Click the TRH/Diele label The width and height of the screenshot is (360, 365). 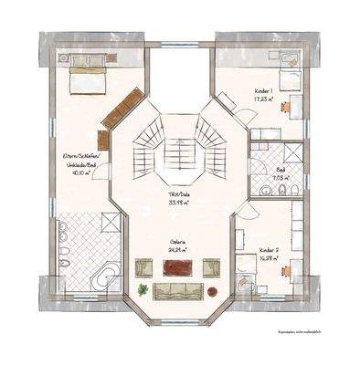[178, 197]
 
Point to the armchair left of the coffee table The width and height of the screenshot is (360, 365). [144, 267]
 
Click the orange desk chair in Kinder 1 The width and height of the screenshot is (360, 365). [286, 106]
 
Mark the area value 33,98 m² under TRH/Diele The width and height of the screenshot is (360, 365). [178, 204]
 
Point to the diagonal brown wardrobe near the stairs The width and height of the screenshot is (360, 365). [119, 108]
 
